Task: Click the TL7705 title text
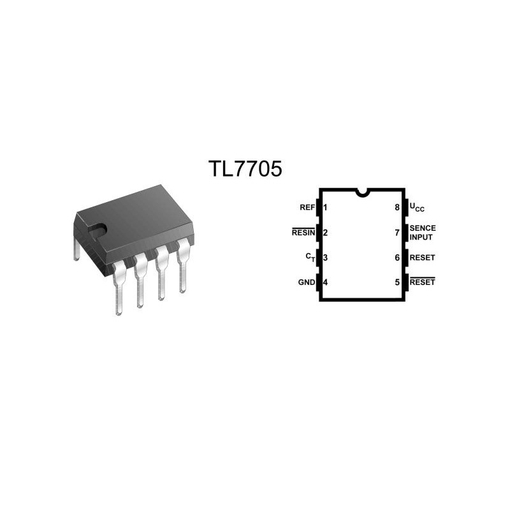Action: (245, 169)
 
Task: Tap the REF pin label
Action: (307, 208)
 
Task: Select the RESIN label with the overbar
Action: (303, 232)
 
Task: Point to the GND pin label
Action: (307, 282)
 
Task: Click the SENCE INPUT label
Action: (423, 233)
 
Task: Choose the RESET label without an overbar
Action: (422, 258)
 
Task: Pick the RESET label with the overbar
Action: (422, 282)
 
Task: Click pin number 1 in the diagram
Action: (325, 208)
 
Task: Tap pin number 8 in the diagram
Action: (397, 208)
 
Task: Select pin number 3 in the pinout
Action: (325, 258)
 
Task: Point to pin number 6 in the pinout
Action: (397, 258)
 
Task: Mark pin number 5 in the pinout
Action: (397, 282)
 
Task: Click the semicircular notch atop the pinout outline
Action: (362, 194)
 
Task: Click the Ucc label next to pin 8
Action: (417, 208)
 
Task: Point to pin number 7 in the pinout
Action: (397, 233)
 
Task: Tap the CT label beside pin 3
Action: (310, 258)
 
